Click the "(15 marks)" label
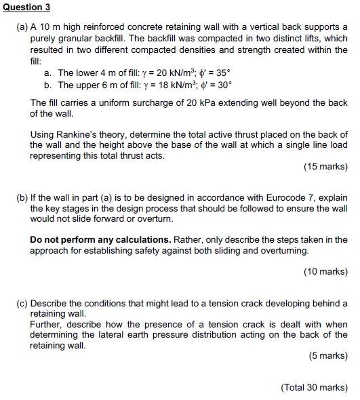326,167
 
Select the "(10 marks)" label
326,272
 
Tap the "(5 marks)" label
328,356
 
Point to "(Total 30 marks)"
314,387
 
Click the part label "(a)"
21,28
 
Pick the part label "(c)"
21,302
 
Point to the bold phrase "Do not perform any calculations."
100,239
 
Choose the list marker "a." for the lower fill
47,73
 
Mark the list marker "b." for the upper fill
47,85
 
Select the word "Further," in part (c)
48,324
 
